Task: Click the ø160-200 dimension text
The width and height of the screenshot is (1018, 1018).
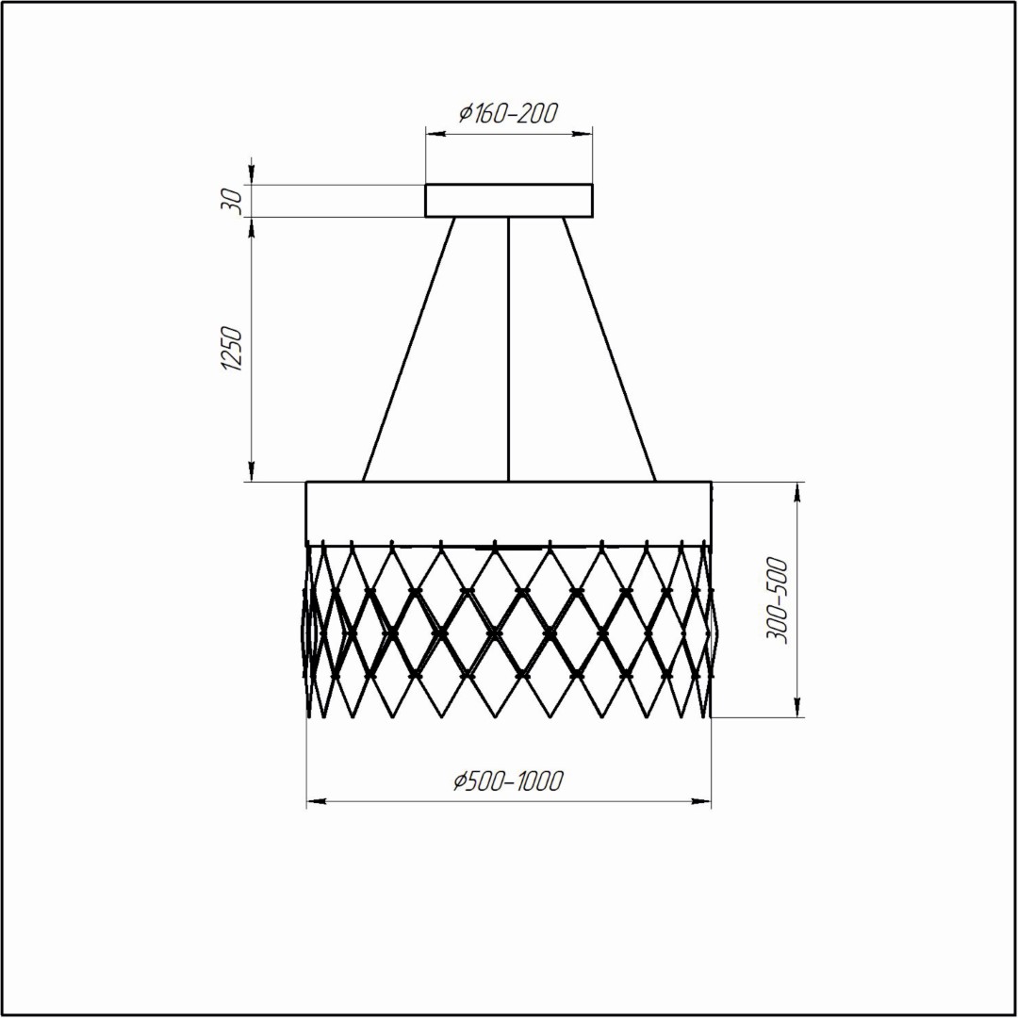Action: (x=508, y=113)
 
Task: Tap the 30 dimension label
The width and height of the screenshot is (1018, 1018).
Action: (x=232, y=201)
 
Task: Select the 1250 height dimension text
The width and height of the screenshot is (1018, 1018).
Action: (x=232, y=350)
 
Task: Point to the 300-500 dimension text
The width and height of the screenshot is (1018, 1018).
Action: (x=777, y=599)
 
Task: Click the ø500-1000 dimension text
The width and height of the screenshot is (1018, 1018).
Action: (x=508, y=781)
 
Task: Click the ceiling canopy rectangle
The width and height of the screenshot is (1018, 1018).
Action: (x=509, y=201)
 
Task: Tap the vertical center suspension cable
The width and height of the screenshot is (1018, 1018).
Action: (x=509, y=350)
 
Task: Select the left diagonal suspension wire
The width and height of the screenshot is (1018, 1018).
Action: (x=408, y=350)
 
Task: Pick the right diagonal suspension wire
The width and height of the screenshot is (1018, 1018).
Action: (x=609, y=350)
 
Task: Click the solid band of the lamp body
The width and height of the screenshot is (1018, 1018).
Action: (x=509, y=514)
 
